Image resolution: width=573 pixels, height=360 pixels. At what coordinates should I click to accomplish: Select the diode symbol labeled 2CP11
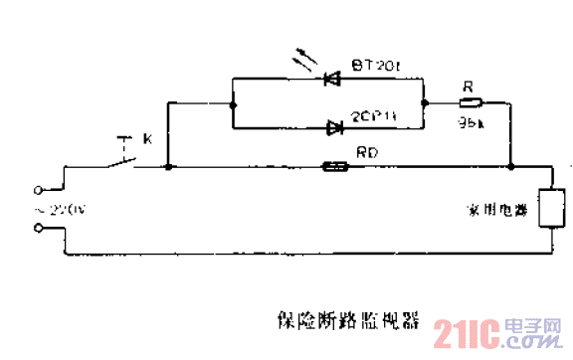[x=333, y=126]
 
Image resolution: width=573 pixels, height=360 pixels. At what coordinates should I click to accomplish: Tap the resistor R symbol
[x=470, y=102]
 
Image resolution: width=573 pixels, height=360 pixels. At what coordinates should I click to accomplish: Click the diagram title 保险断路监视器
[x=348, y=322]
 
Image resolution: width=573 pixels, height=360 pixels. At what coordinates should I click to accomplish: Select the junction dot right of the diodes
[x=425, y=102]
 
